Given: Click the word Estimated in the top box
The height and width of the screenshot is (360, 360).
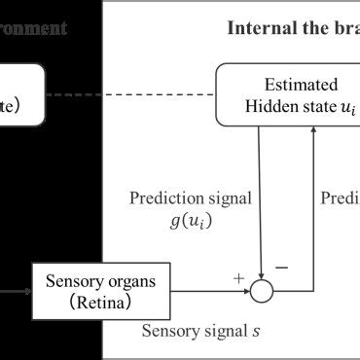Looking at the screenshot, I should pyautogui.click(x=293, y=84).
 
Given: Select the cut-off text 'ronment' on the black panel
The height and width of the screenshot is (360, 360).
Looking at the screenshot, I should pyautogui.click(x=34, y=27).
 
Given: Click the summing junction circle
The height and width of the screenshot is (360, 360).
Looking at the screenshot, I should pyautogui.click(x=260, y=289).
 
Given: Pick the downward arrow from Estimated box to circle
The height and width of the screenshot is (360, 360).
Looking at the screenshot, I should pyautogui.click(x=260, y=195).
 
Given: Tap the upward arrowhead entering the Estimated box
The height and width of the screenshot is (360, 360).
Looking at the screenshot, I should pyautogui.click(x=312, y=133).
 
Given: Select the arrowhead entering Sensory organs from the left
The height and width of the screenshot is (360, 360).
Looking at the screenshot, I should pyautogui.click(x=28, y=289).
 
